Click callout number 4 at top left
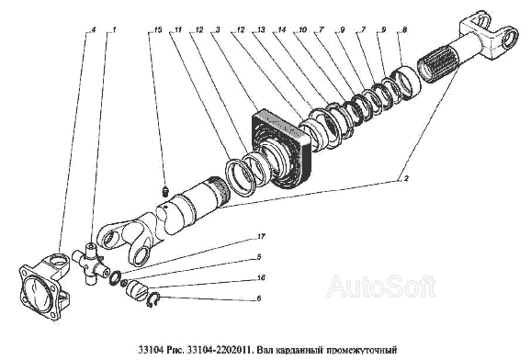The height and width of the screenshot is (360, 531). coord(94,29)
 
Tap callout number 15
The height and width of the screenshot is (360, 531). coord(158,29)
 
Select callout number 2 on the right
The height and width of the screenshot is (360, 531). coord(406,178)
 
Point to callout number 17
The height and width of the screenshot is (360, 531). coord(261,236)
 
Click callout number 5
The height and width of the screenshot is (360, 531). coord(259,257)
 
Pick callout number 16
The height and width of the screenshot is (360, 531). coord(261,278)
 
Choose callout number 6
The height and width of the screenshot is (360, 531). coord(259,298)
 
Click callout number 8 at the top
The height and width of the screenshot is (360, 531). coord(404,29)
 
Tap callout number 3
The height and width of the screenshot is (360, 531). coord(218,29)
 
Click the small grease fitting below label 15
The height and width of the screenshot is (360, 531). coord(165,191)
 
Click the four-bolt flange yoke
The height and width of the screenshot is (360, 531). coord(45,285)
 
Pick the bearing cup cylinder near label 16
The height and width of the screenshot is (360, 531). coord(137,289)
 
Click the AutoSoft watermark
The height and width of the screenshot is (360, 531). coord(381,287)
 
